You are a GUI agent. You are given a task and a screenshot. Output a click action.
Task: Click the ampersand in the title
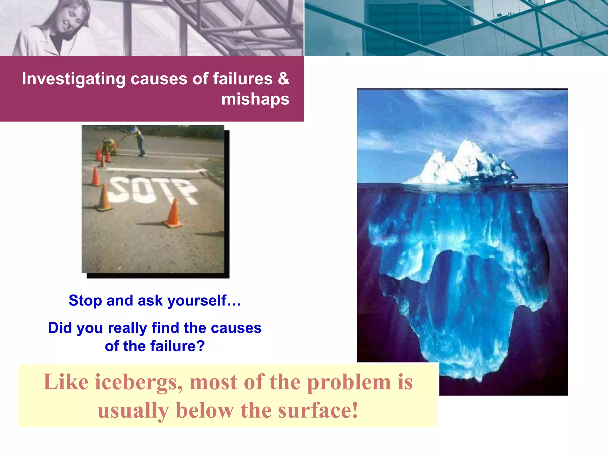[284, 79]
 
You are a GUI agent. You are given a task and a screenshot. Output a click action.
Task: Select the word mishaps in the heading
[255, 99]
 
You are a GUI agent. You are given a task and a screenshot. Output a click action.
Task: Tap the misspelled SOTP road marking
[151, 190]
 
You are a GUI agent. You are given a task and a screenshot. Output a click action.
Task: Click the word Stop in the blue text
[85, 300]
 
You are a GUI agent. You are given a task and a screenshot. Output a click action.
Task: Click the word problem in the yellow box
[349, 382]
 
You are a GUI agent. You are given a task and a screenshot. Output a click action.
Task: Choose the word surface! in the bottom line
[318, 411]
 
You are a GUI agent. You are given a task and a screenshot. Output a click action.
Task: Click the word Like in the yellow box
[66, 382]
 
